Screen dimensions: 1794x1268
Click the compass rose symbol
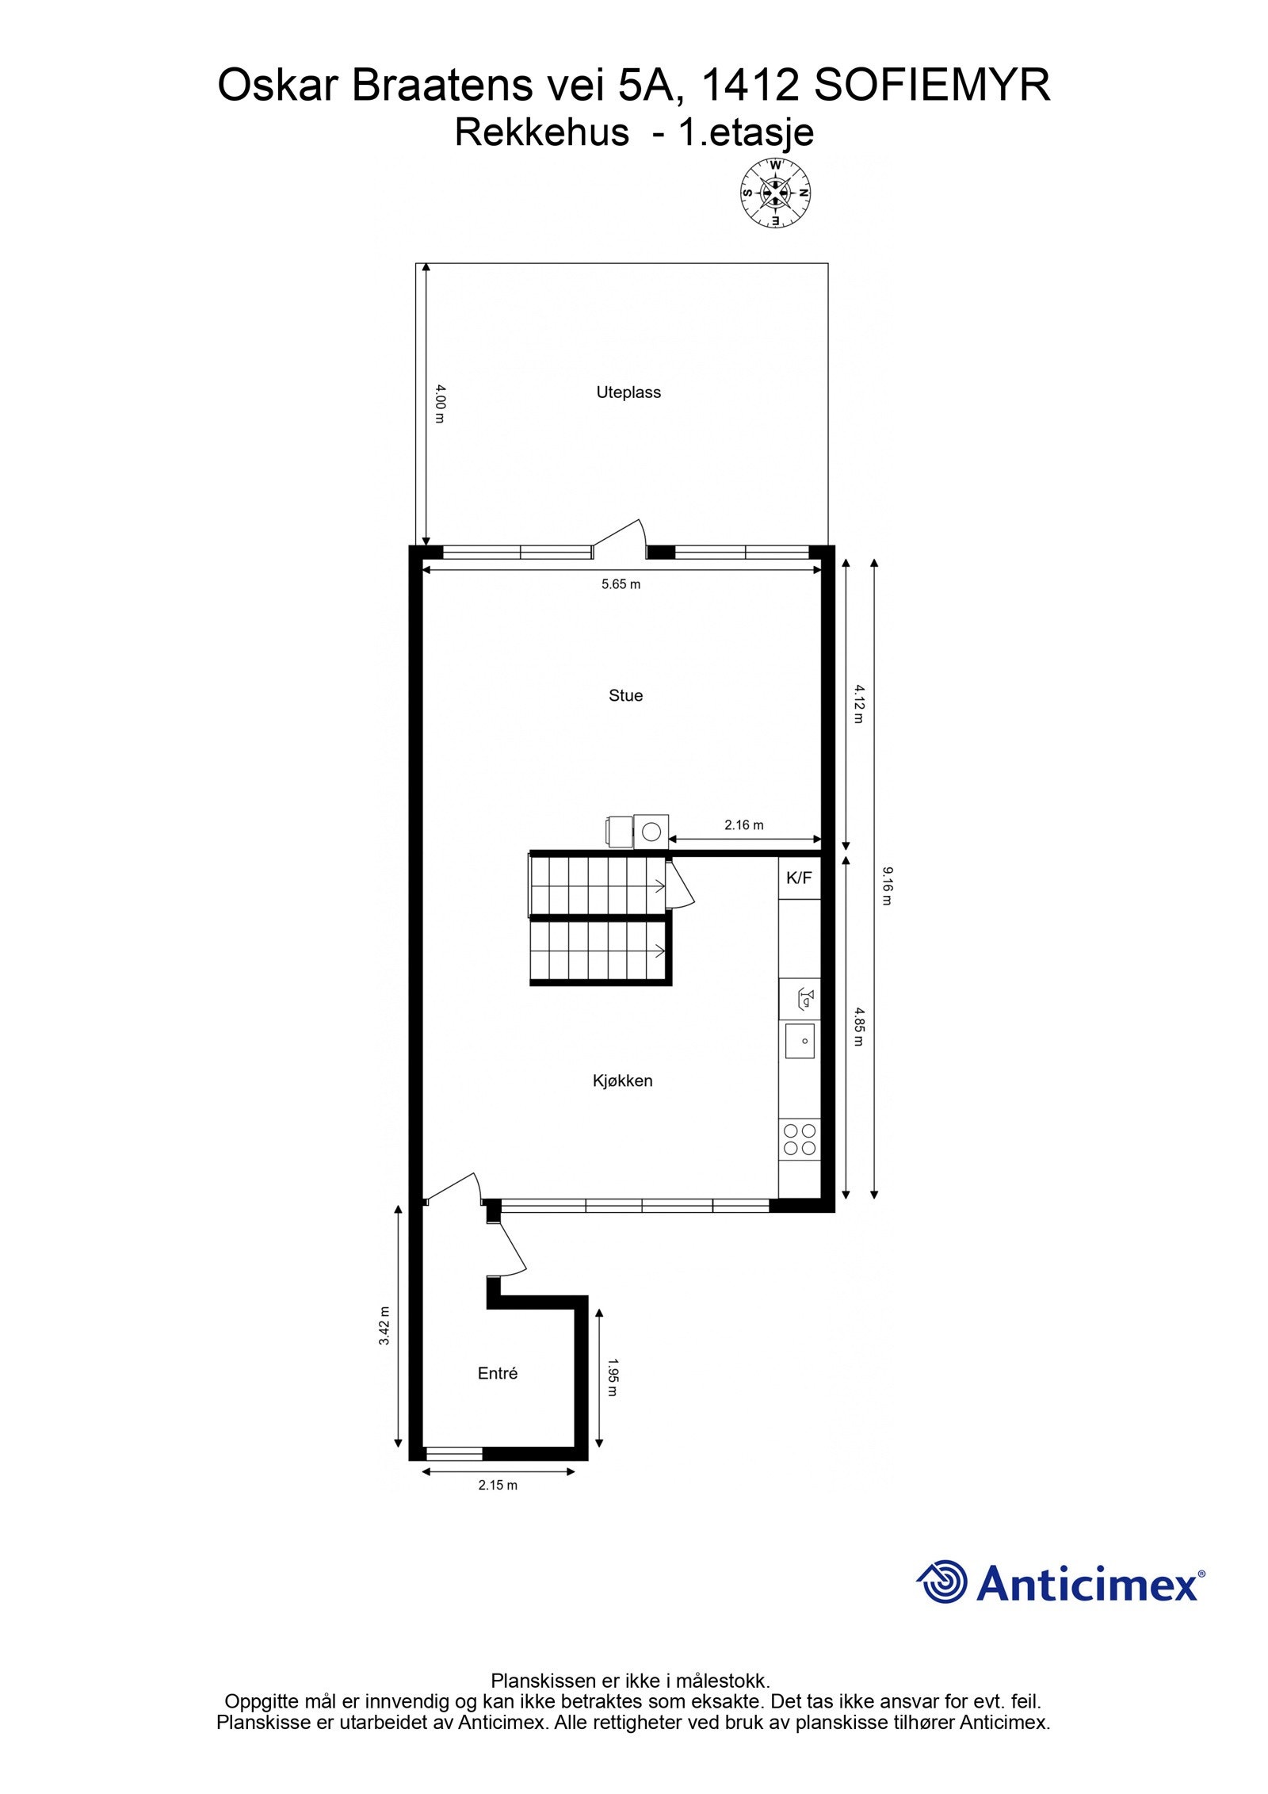[x=775, y=193]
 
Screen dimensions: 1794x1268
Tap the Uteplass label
[x=628, y=392]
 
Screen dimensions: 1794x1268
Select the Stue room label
[x=625, y=695]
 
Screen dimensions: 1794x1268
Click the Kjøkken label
[x=622, y=1081]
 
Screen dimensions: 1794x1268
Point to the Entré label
[x=498, y=1373]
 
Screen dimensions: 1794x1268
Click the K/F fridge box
[x=799, y=878]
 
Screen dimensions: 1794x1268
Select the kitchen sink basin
[x=800, y=1041]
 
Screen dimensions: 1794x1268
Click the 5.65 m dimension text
[x=621, y=584]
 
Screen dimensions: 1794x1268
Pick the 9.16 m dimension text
[x=886, y=886]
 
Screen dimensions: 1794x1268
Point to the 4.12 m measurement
[x=857, y=704]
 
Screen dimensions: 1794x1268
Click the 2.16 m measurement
[x=743, y=825]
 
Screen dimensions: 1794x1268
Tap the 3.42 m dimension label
[x=384, y=1325]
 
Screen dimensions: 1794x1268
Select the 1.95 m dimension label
[x=613, y=1377]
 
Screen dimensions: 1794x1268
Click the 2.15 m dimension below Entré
[x=498, y=1485]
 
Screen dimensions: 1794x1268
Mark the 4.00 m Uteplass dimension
[x=441, y=404]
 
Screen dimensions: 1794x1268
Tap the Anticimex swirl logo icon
[x=942, y=1582]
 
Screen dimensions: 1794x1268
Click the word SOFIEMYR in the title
[x=931, y=86]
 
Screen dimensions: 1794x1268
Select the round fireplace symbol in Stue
[x=651, y=832]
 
